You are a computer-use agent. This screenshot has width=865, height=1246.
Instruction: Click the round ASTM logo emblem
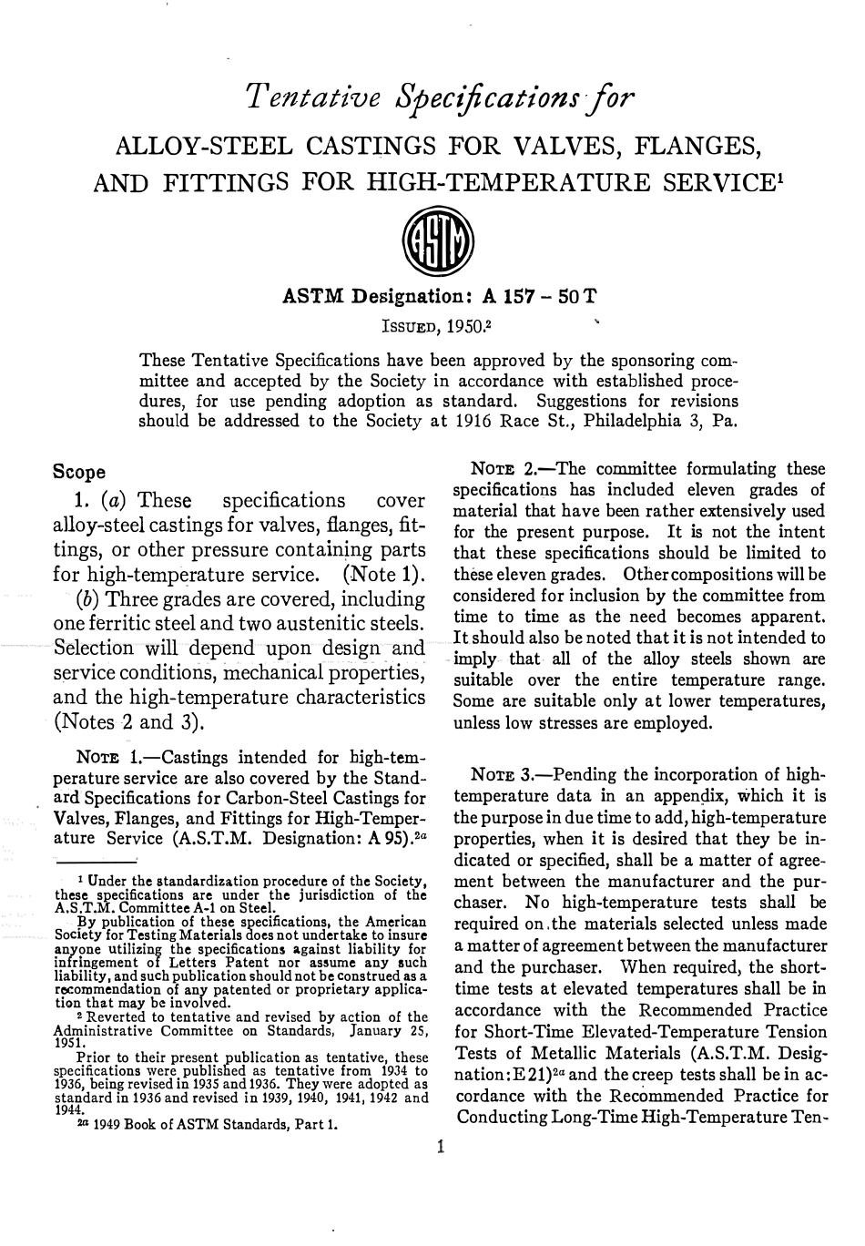[x=442, y=240]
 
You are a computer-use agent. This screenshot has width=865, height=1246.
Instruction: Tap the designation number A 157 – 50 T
[x=540, y=297]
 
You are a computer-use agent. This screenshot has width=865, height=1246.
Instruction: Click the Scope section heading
[x=79, y=473]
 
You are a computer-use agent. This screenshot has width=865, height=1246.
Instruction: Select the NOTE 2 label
[x=505, y=470]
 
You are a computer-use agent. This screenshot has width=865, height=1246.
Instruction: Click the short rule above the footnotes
[x=96, y=858]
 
